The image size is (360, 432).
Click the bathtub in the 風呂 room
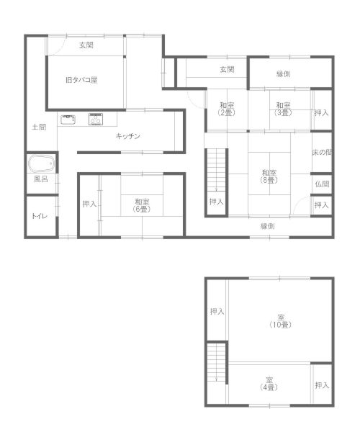41,163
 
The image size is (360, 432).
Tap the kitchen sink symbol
68,120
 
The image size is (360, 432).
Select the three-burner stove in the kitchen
96,120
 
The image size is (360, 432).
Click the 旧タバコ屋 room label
81,80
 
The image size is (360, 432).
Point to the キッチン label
128,136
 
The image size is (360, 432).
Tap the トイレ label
40,216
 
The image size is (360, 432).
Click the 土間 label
39,127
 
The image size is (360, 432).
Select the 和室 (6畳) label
142,205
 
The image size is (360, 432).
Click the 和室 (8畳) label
269,176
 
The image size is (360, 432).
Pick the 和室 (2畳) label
226,109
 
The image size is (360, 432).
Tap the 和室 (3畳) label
283,109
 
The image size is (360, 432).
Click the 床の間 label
322,153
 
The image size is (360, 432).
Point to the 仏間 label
322,184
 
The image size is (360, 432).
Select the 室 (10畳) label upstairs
280,321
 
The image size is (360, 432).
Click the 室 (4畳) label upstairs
269,384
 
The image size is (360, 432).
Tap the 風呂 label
41,179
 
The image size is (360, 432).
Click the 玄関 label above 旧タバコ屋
86,45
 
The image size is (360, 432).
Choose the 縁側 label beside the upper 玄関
284,74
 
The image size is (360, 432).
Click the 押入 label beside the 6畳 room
89,204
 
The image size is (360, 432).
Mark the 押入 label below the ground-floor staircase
216,202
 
